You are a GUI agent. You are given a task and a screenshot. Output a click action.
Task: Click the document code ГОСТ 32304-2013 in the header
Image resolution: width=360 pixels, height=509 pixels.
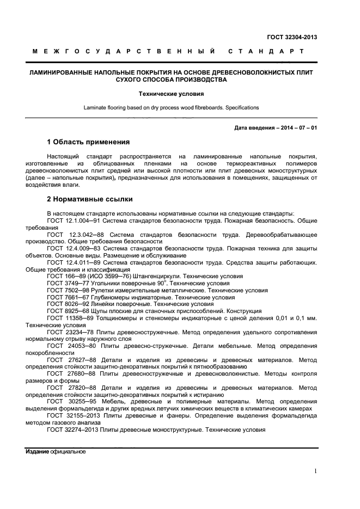292,37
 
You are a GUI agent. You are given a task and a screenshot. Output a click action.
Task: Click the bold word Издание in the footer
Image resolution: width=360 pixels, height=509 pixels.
36,452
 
